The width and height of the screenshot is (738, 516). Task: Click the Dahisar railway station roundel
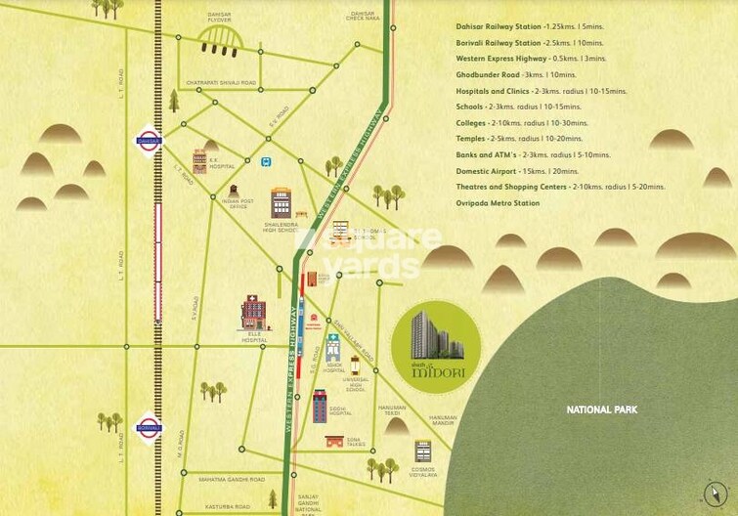(x=150, y=141)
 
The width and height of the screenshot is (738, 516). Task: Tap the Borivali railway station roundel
(x=150, y=428)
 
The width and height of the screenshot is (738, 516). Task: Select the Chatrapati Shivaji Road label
(x=220, y=83)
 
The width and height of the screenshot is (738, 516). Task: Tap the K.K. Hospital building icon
(x=199, y=160)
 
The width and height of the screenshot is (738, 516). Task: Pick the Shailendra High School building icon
(x=282, y=203)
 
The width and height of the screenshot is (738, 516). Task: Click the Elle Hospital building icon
(x=253, y=313)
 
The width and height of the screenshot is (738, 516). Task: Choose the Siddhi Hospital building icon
(x=320, y=405)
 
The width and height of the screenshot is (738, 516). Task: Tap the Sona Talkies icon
(x=335, y=441)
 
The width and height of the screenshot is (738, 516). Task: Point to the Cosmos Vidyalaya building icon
(x=422, y=451)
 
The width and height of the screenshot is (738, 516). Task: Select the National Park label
(x=602, y=409)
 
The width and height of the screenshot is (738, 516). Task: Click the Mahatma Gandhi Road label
(x=232, y=480)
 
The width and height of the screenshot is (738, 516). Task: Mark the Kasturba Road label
(x=231, y=506)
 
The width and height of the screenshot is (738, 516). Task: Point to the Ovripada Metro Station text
(x=498, y=202)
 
